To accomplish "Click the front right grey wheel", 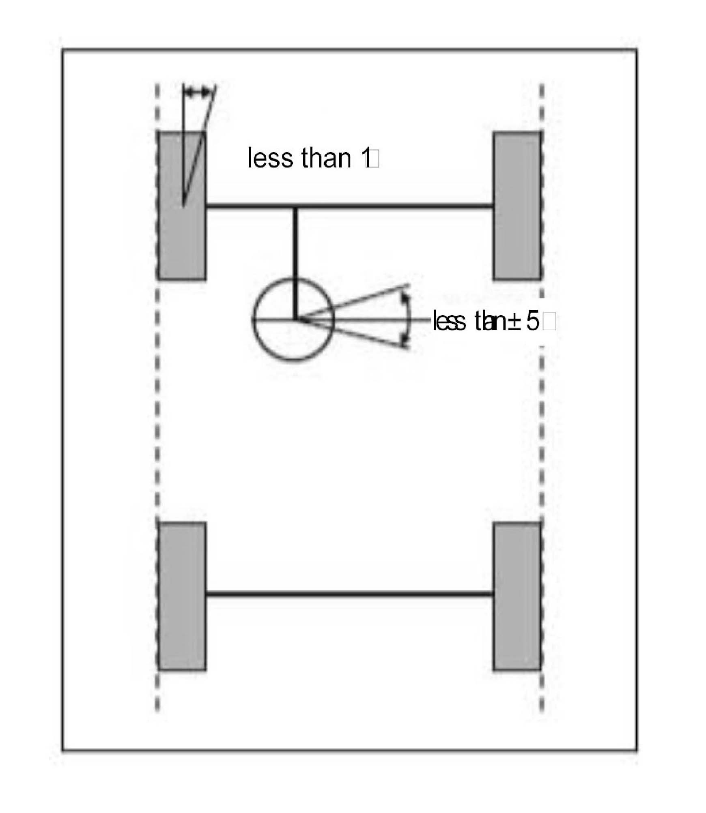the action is pos(517,206).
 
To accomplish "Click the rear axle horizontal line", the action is pos(349,594).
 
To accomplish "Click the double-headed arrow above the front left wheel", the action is pos(197,93).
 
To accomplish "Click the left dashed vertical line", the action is pos(157,405).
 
